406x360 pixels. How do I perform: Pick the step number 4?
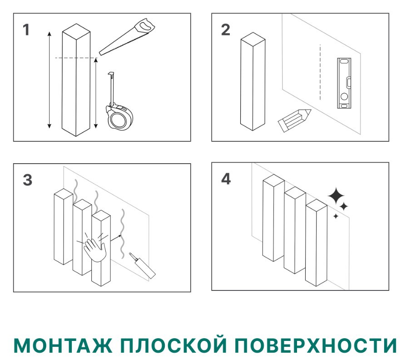(x=226, y=179)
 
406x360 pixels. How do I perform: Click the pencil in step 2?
(x=293, y=119)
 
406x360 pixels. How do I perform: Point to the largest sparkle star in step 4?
(x=336, y=196)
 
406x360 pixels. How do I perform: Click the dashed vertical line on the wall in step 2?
(x=320, y=72)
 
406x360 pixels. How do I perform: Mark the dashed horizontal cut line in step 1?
(x=75, y=58)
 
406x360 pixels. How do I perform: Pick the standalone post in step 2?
(x=253, y=82)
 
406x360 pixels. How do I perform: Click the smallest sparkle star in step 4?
(x=336, y=216)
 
